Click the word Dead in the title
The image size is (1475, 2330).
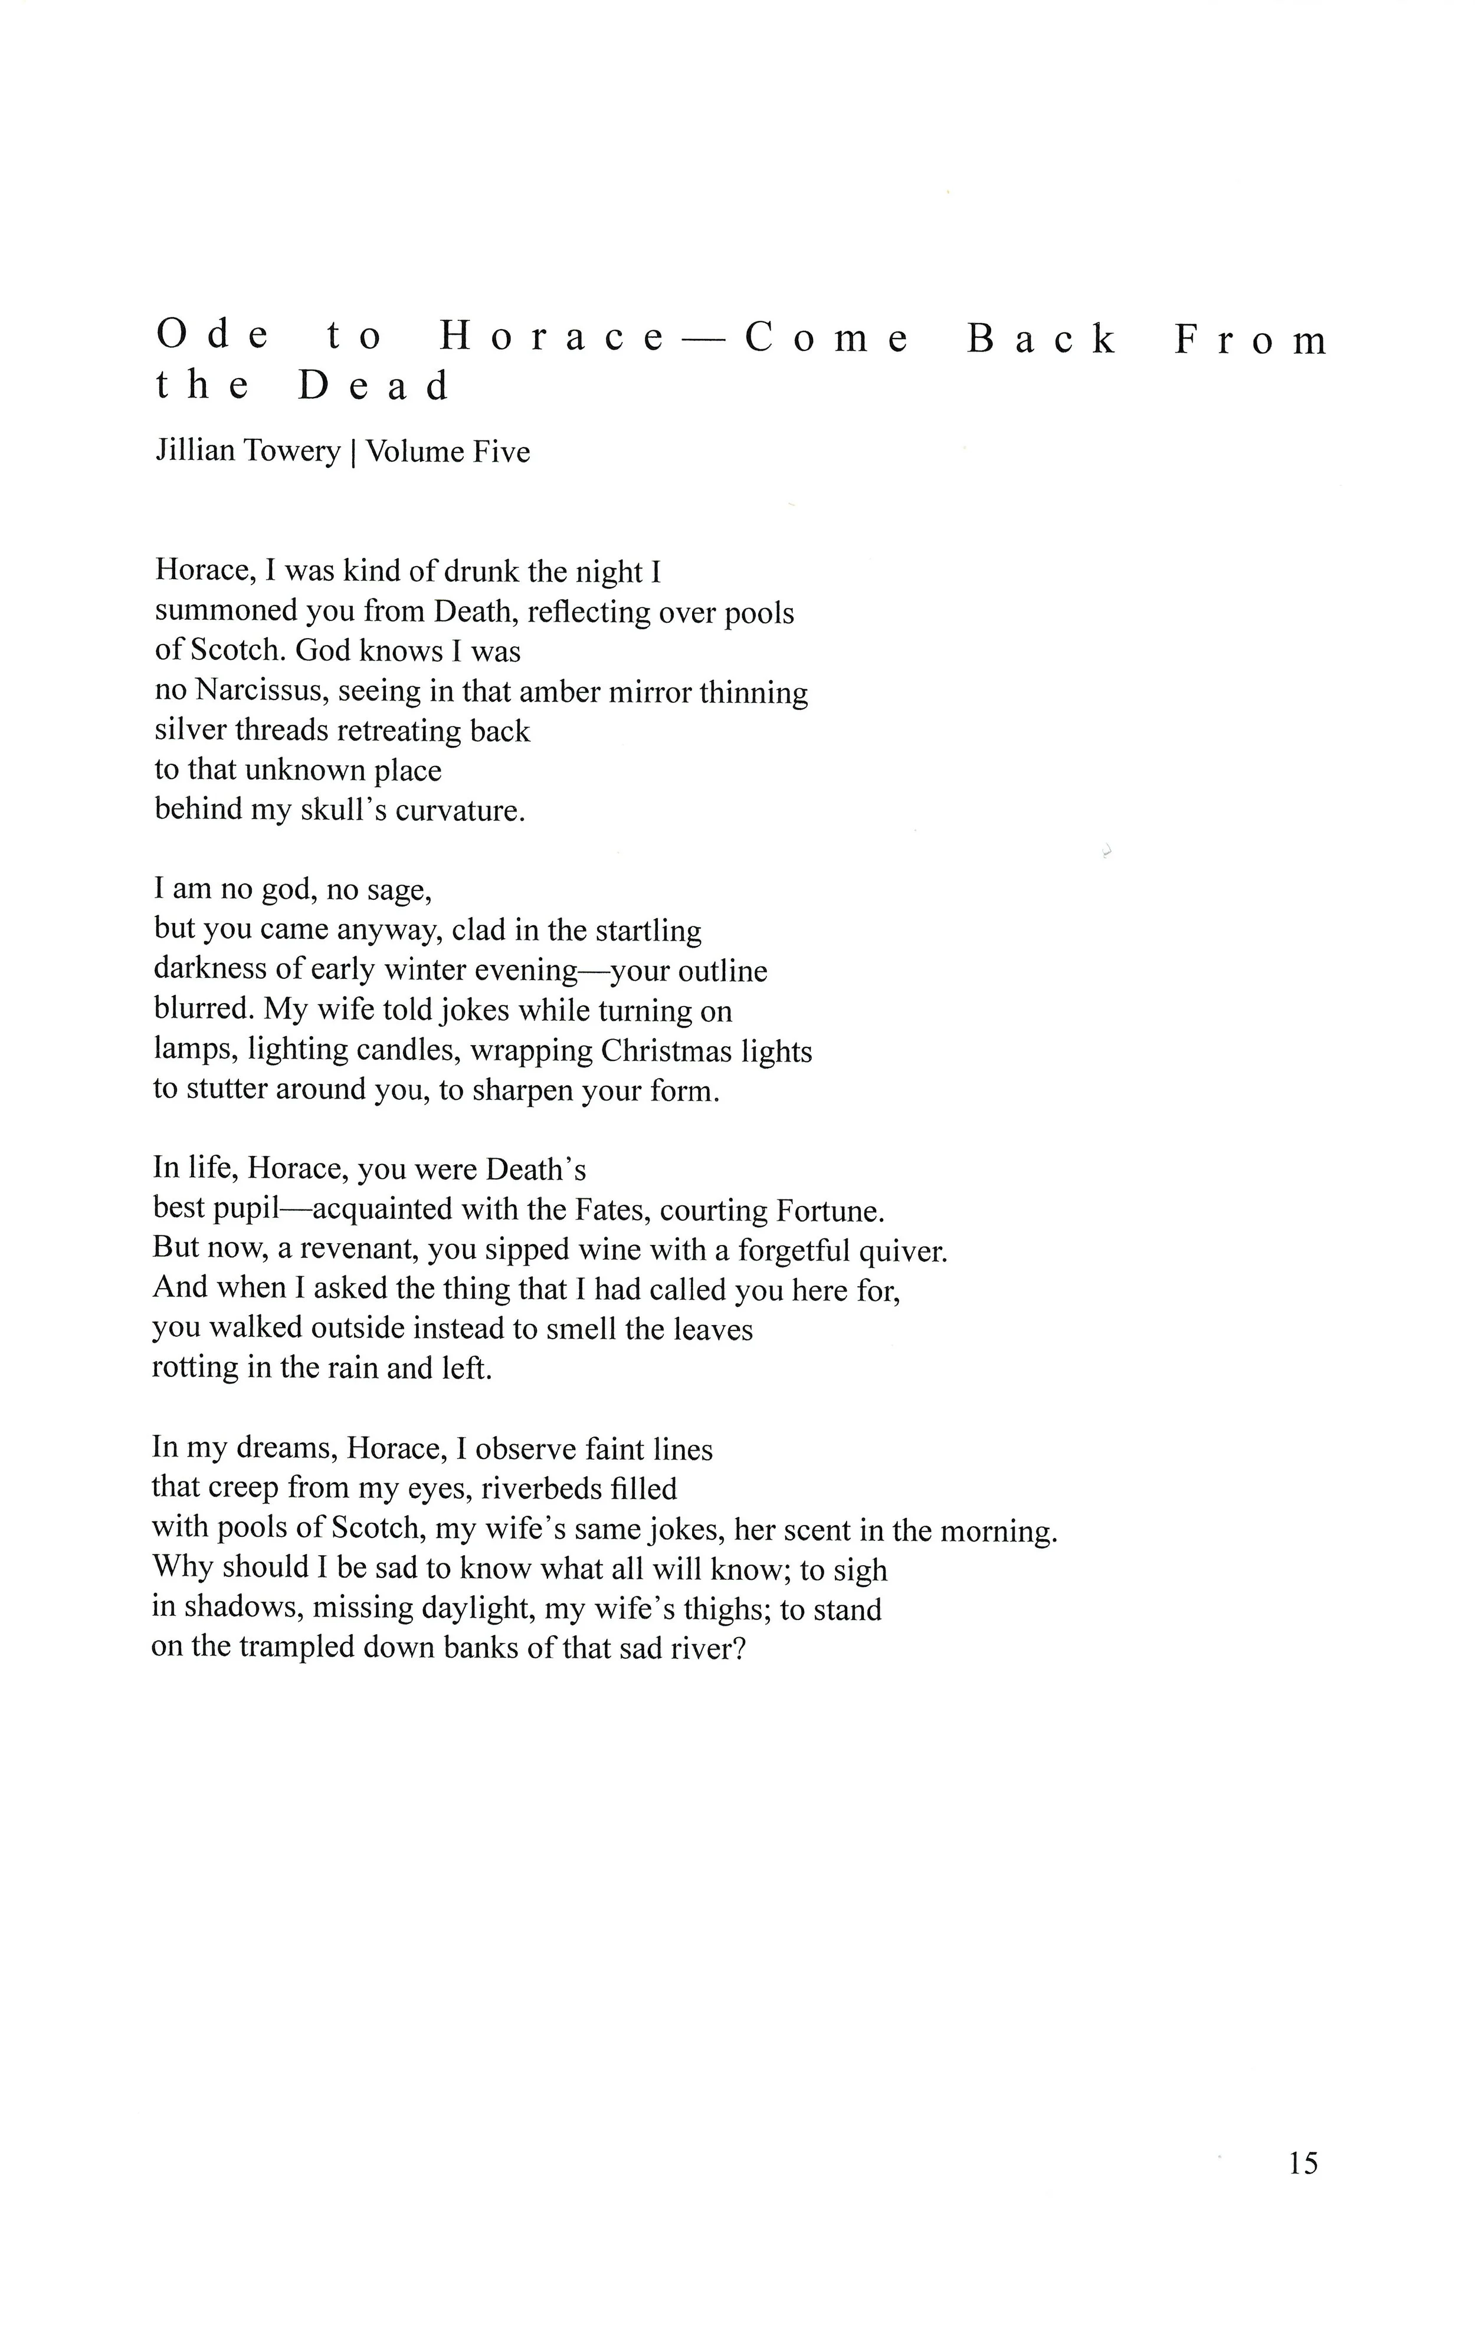click(x=373, y=386)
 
